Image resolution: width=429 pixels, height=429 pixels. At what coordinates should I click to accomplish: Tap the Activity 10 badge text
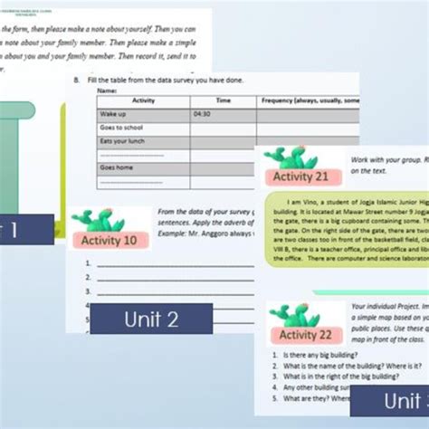click(x=110, y=240)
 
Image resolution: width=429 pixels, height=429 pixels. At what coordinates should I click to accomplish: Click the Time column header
click(x=223, y=101)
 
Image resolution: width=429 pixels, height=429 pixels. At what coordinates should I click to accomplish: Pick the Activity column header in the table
click(x=143, y=101)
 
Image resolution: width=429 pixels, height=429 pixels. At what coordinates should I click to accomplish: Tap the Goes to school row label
click(x=121, y=128)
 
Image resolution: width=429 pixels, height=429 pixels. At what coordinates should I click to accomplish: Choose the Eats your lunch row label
click(x=123, y=141)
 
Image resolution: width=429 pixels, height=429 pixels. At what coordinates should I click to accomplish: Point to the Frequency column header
click(x=308, y=101)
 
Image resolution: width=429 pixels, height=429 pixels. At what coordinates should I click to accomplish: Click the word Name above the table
click(x=107, y=91)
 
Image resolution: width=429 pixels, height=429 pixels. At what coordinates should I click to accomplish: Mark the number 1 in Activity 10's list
click(x=88, y=264)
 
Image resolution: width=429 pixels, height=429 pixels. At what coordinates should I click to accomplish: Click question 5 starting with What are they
click(x=308, y=397)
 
